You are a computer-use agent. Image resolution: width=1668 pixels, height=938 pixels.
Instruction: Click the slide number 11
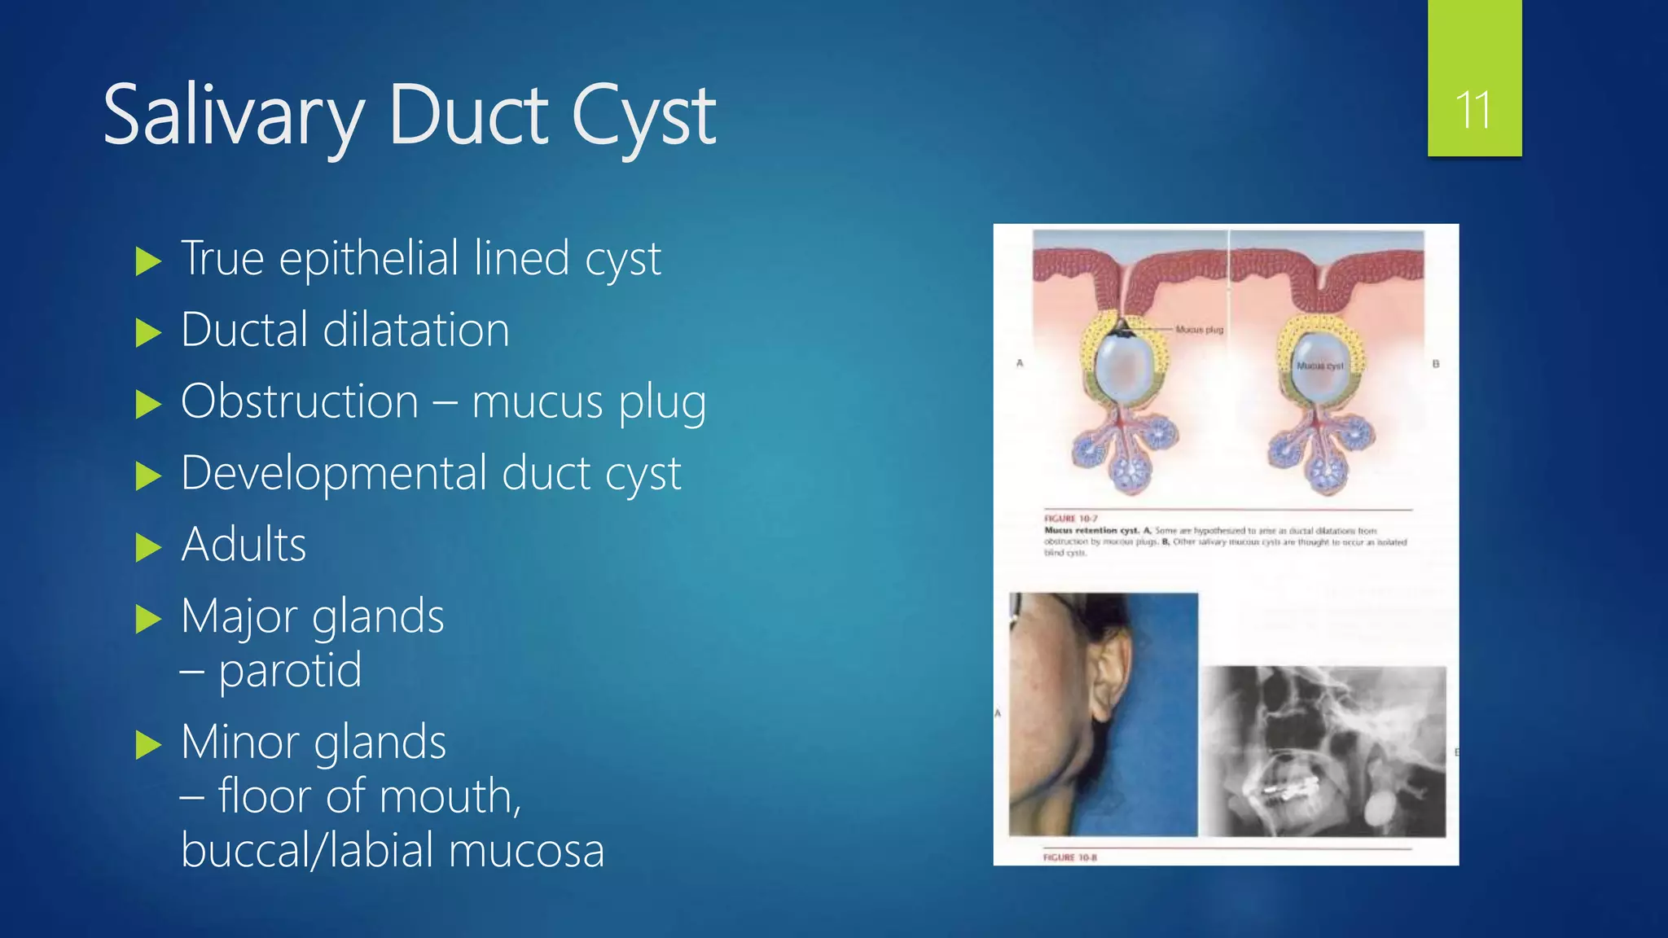1473,110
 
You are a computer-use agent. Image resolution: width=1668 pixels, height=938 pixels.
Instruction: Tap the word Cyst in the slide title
643,116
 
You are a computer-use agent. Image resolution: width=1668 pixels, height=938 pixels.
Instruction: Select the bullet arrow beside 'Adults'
148,547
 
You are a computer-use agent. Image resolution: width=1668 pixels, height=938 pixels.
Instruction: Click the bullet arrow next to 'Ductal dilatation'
148,332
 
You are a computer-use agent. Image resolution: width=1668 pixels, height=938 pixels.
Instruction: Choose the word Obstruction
300,401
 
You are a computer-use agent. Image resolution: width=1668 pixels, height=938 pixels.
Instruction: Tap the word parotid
290,671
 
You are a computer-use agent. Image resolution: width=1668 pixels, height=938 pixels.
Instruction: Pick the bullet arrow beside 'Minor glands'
148,744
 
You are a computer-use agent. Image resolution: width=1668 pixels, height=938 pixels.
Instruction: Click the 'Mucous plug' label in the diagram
1199,330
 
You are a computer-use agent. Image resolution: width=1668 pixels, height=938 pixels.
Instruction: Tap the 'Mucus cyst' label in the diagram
1319,366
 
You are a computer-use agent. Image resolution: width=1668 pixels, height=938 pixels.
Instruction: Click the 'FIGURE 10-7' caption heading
1071,519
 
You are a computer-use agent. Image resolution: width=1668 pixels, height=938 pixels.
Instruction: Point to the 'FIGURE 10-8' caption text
1069,857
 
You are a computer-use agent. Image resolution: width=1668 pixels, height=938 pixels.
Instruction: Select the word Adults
244,545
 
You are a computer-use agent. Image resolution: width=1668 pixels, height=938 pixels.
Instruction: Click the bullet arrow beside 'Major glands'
148,619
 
